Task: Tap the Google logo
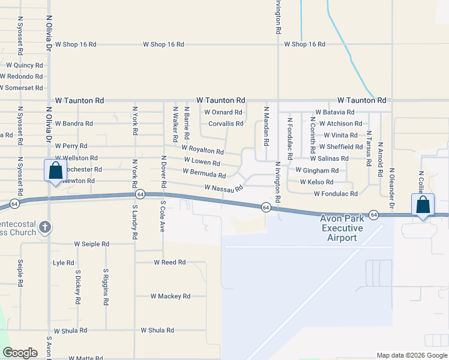pos(20,353)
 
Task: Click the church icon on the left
pos(45,227)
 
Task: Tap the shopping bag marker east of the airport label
pos(423,205)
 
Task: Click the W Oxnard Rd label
pos(223,112)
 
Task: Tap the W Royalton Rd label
pos(202,149)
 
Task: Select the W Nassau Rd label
pos(223,188)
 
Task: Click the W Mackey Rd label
pos(170,296)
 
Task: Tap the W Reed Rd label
pos(169,262)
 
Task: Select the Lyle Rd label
pos(63,263)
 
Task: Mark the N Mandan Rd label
pos(266,126)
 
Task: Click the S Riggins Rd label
pos(105,287)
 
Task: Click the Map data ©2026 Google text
pos(411,355)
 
